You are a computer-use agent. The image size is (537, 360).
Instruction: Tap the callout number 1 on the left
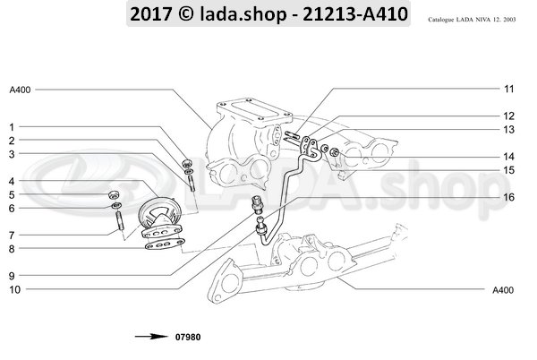point(12,127)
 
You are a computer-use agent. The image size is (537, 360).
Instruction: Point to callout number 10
point(14,289)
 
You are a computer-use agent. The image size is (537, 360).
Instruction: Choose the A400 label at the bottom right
point(504,290)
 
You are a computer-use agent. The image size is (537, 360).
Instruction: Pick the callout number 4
point(12,182)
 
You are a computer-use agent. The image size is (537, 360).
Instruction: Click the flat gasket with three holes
point(161,239)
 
